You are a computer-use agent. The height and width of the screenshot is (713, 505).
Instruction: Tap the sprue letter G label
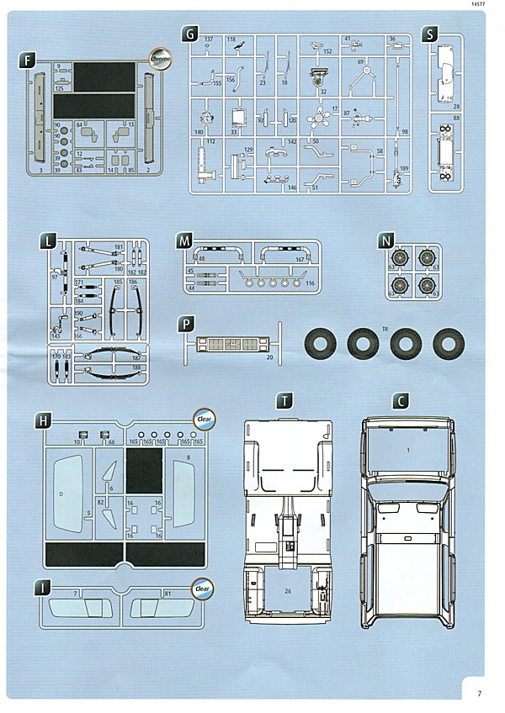pos(190,34)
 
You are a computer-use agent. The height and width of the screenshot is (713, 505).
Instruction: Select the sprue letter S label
pos(431,34)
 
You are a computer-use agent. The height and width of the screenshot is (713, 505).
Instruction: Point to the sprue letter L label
pos(51,243)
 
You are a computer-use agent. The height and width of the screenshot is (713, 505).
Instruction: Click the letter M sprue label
pos(184,240)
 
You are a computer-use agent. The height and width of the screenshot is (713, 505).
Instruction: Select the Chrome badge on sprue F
pos(160,59)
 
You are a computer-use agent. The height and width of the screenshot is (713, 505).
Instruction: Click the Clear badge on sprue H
pos(204,417)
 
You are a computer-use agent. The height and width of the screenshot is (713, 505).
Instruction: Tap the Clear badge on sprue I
pos(202,588)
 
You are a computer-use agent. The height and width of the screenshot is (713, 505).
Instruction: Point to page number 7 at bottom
pos(479,694)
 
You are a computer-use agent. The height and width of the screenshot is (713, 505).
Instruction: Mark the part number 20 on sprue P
pos(270,357)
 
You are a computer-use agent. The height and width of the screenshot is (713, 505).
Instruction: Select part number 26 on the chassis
pos(287,590)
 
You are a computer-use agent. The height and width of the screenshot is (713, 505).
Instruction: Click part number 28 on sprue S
pos(455,107)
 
